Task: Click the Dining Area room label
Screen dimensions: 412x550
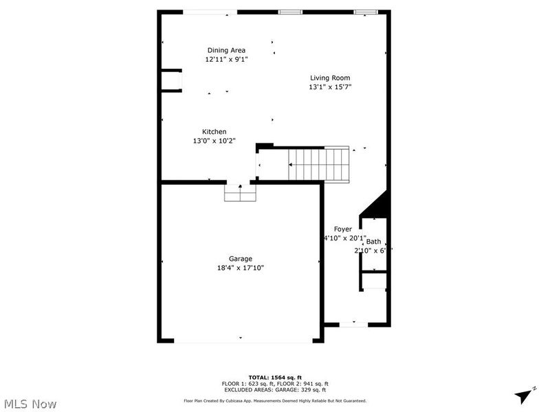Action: [x=226, y=50]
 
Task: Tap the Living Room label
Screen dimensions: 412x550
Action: [x=330, y=78]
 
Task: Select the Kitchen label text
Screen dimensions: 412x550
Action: [x=214, y=132]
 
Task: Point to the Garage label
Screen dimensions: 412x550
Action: [x=241, y=259]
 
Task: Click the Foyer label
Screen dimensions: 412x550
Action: [x=343, y=229]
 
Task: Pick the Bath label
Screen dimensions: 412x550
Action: [x=373, y=242]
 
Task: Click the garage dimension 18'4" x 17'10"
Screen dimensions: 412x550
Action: [x=241, y=268]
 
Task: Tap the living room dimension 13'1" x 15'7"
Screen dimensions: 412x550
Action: [x=330, y=87]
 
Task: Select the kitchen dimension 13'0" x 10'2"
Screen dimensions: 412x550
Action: [x=214, y=141]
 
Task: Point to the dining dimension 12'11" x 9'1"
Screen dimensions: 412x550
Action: [x=226, y=59]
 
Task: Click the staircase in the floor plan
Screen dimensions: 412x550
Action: [x=320, y=165]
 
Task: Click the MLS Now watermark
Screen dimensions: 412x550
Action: [x=30, y=404]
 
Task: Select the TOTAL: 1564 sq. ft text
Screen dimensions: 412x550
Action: [x=275, y=378]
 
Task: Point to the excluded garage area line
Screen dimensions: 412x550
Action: [x=275, y=389]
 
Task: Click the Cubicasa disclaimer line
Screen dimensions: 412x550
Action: [x=275, y=400]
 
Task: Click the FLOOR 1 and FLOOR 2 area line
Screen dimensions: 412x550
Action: [x=275, y=383]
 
